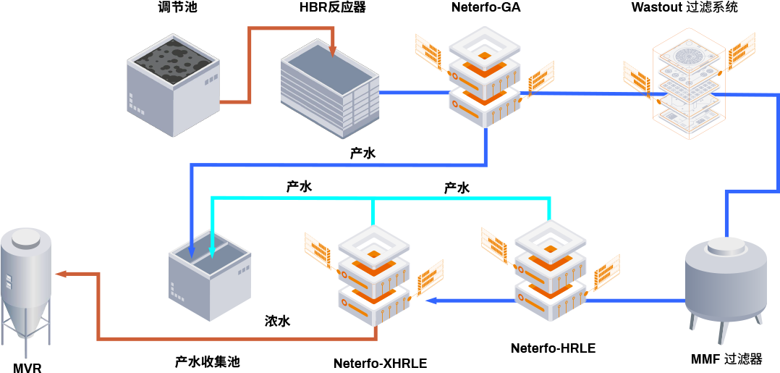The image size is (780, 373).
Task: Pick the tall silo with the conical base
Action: tap(26, 290)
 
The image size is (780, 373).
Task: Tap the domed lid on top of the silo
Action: tap(26, 236)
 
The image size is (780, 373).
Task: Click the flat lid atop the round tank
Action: tap(726, 246)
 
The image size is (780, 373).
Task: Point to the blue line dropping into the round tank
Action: tap(726, 214)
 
